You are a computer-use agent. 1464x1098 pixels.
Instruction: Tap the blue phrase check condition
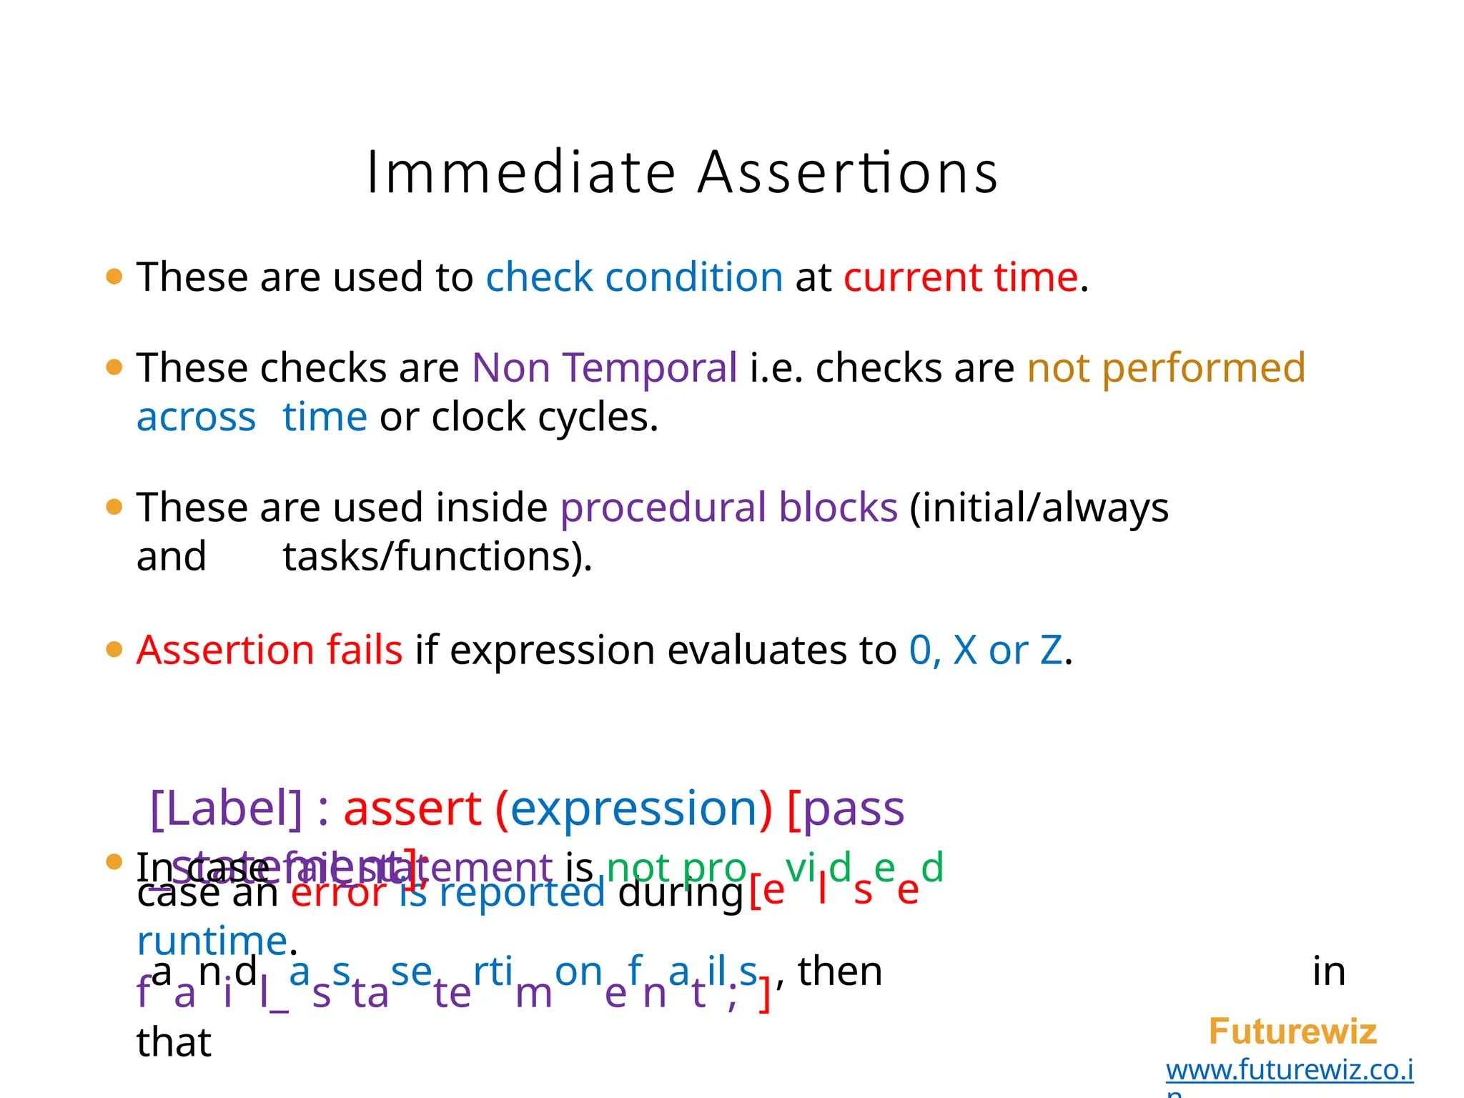634,277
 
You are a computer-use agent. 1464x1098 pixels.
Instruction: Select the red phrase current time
960,277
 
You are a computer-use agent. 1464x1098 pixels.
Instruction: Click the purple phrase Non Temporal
604,368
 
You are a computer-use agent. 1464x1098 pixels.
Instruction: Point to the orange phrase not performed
1166,368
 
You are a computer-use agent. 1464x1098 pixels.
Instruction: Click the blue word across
196,417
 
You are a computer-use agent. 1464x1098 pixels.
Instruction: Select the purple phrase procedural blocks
728,508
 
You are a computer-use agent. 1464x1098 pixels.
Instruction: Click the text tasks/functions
437,556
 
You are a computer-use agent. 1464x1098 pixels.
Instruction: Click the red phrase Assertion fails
269,651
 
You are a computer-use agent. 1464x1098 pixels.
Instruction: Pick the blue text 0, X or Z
986,651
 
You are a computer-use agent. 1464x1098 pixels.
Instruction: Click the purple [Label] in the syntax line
227,808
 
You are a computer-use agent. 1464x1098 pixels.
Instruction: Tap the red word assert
412,808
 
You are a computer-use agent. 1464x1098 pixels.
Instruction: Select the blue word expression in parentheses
633,808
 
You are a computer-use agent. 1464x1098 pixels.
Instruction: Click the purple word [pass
846,808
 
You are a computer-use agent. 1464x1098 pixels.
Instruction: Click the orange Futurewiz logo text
1292,1032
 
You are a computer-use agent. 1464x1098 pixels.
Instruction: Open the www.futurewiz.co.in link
1290,1070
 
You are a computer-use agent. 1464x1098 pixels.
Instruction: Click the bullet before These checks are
114,367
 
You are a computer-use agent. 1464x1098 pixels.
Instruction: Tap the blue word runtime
212,941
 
